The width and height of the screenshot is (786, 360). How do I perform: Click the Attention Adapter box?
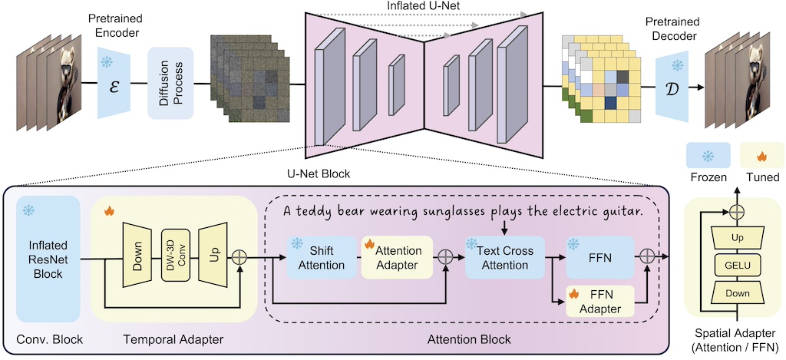pyautogui.click(x=398, y=257)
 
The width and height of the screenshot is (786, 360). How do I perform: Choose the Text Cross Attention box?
pyautogui.click(x=504, y=258)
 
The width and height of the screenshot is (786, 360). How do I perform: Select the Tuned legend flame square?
pyautogui.click(x=761, y=157)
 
